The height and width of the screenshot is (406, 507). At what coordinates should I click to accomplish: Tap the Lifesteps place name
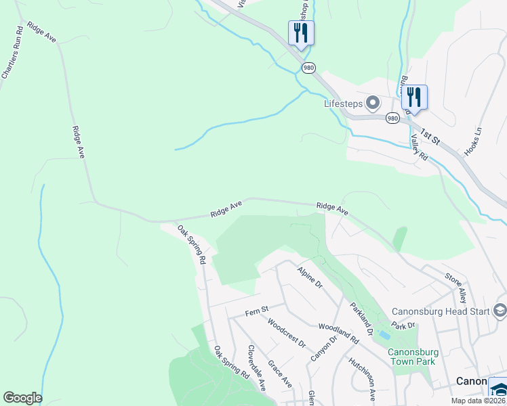tap(342, 104)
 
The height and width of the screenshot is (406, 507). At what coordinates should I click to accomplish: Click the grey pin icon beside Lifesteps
tap(373, 104)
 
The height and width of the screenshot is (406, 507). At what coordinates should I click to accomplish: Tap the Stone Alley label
tap(455, 287)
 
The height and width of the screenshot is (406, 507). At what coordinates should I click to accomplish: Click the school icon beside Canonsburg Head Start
tap(500, 311)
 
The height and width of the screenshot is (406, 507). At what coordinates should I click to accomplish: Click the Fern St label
tap(257, 313)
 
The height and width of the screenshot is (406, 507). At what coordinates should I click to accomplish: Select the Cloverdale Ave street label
tap(256, 368)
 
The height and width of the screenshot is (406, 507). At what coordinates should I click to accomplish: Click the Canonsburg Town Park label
tap(413, 357)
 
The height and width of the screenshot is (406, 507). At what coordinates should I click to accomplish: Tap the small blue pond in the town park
tap(385, 335)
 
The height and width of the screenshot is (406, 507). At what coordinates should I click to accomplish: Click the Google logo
tap(22, 398)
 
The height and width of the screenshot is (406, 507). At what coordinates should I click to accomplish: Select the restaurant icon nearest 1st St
tap(414, 97)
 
